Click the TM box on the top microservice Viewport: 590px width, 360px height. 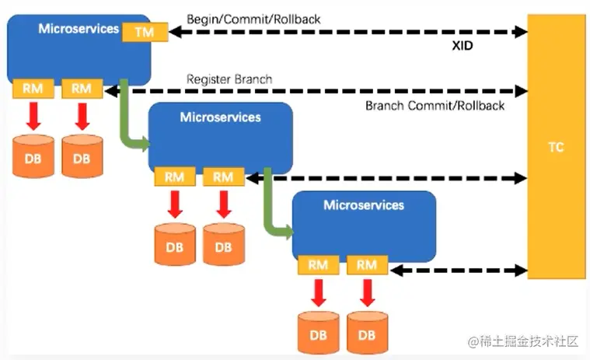(x=144, y=32)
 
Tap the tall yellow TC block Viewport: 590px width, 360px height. (x=555, y=146)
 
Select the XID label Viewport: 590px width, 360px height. (x=463, y=46)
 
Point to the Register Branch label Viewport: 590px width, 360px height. (x=229, y=79)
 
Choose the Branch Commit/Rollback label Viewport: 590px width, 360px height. (x=435, y=106)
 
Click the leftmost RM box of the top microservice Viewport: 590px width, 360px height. (x=33, y=89)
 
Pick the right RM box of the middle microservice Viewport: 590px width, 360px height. (x=223, y=177)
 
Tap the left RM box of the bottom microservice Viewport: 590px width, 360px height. (x=318, y=265)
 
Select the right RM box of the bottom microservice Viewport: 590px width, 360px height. (x=366, y=265)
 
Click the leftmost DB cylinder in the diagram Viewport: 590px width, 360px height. (x=33, y=156)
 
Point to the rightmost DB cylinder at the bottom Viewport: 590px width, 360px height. (x=367, y=333)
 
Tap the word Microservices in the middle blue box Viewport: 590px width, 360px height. (x=220, y=117)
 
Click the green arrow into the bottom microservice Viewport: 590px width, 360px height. (x=275, y=210)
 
